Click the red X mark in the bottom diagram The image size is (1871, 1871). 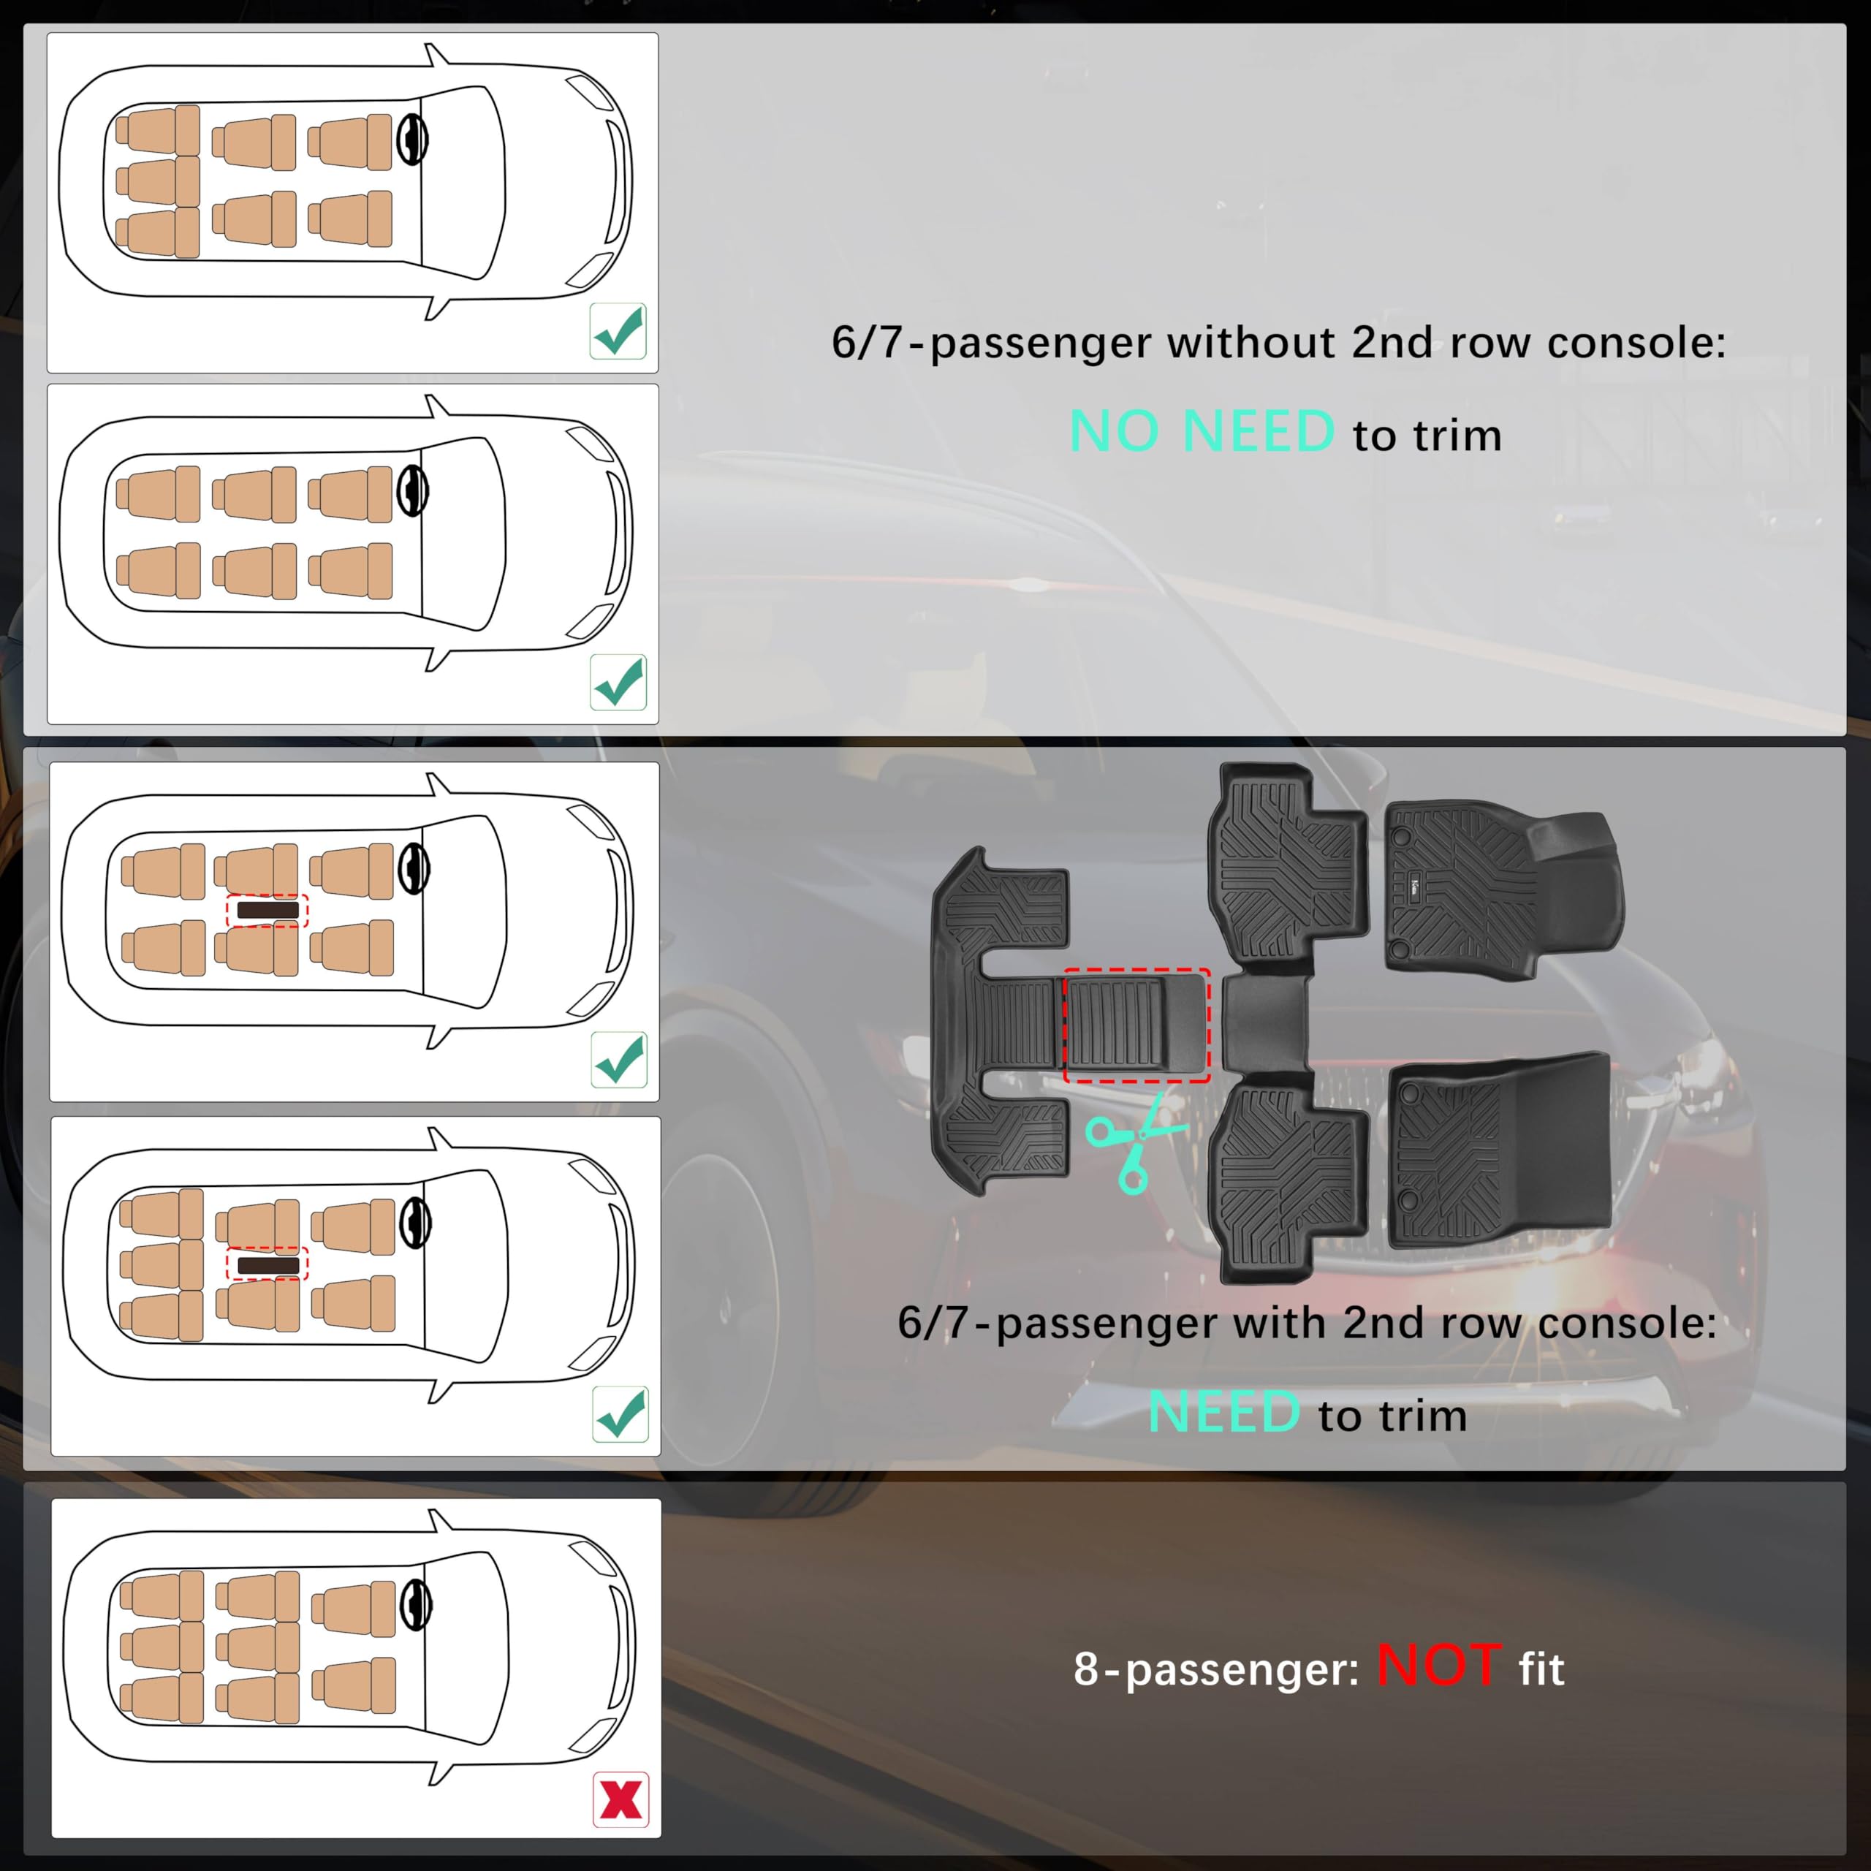[x=620, y=1799]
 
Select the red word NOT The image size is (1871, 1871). [x=1439, y=1666]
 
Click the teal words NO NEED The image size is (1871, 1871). [x=1201, y=432]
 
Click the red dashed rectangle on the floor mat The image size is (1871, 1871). [x=1137, y=1025]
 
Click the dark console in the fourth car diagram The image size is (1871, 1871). [x=267, y=1265]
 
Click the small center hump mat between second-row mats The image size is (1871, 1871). [x=1265, y=1025]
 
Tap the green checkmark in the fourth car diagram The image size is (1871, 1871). [x=620, y=1415]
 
